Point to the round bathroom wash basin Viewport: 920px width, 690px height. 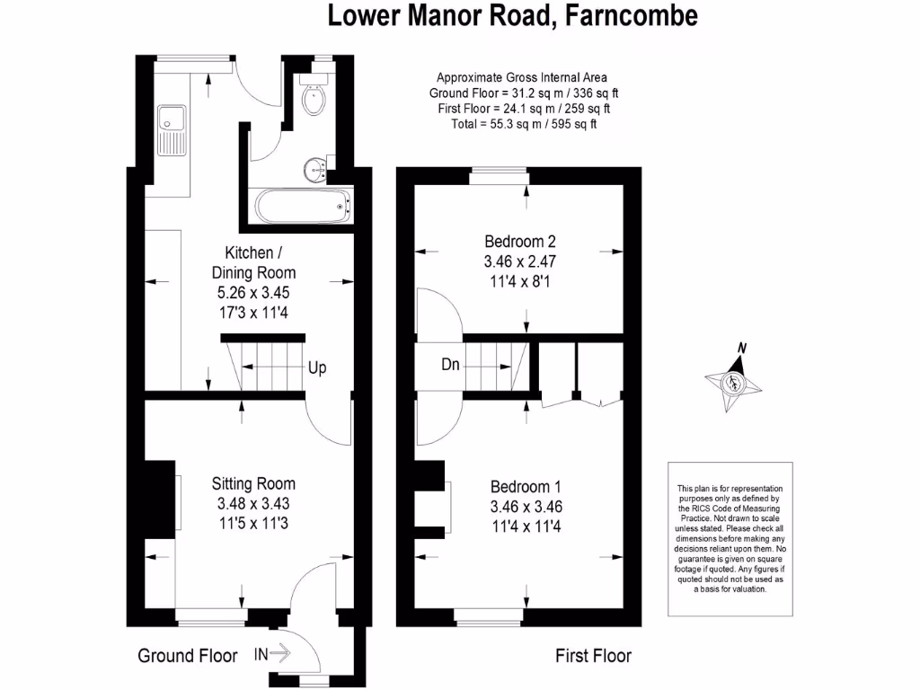pyautogui.click(x=314, y=167)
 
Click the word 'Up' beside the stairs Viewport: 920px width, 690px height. pyautogui.click(x=317, y=368)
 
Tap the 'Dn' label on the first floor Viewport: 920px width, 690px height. pyautogui.click(x=452, y=366)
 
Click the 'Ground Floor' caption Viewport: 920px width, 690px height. pyautogui.click(x=187, y=656)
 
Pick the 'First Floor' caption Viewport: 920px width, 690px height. pyautogui.click(x=593, y=656)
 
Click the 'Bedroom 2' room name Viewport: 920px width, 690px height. pyautogui.click(x=520, y=242)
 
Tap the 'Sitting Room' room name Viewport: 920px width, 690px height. pyautogui.click(x=254, y=484)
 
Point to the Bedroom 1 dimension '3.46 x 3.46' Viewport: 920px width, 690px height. pyautogui.click(x=526, y=507)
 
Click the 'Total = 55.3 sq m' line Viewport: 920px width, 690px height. pyautogui.click(x=523, y=124)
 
